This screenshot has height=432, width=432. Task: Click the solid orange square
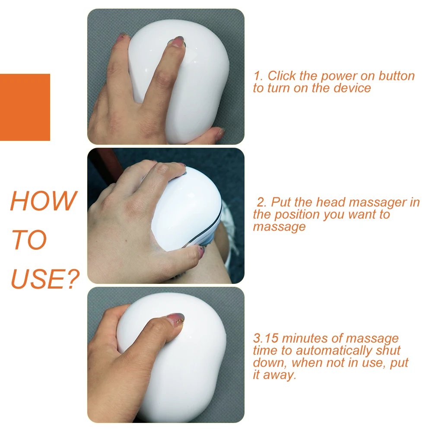[25, 107]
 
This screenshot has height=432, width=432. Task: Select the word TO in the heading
[29, 240]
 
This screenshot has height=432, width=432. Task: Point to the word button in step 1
[397, 76]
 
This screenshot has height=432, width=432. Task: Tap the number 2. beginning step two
[262, 202]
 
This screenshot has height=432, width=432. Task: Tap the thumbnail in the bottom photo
[176, 320]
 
